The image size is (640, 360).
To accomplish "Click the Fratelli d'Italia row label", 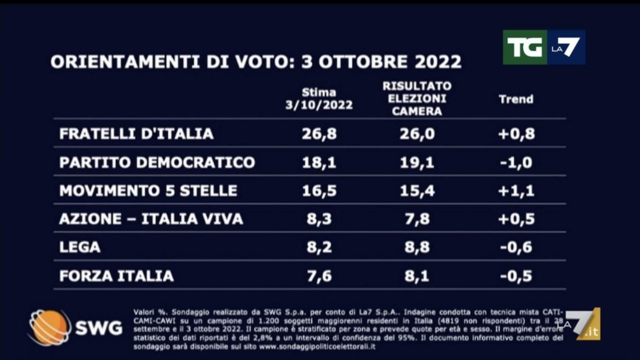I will (137, 134).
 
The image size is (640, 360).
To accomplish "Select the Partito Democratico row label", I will (157, 163).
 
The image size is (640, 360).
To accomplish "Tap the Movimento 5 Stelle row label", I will (148, 191).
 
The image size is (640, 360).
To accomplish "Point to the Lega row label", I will (80, 247).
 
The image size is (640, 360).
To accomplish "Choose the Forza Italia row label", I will (116, 276).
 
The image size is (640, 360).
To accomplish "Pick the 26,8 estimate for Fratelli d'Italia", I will (319, 134).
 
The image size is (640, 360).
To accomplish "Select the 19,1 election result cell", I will (418, 163).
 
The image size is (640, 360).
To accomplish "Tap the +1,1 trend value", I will (516, 191).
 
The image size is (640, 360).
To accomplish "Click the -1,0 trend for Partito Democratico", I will (516, 163).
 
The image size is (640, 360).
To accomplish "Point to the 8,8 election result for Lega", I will (418, 247).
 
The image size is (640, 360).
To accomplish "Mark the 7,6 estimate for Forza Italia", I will (319, 276).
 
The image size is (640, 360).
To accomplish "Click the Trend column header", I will (516, 99).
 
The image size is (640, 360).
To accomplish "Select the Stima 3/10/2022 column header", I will (319, 99).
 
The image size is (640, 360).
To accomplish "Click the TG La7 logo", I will (544, 48).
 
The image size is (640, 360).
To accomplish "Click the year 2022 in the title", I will (432, 62).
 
